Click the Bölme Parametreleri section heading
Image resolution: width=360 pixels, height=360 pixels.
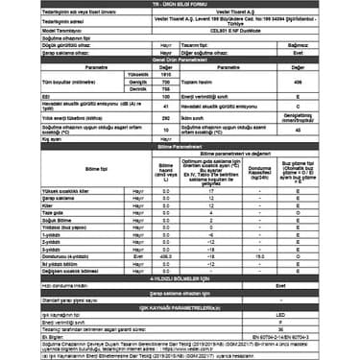coord(180,145)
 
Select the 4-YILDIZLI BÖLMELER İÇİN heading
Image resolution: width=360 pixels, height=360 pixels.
coord(180,277)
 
